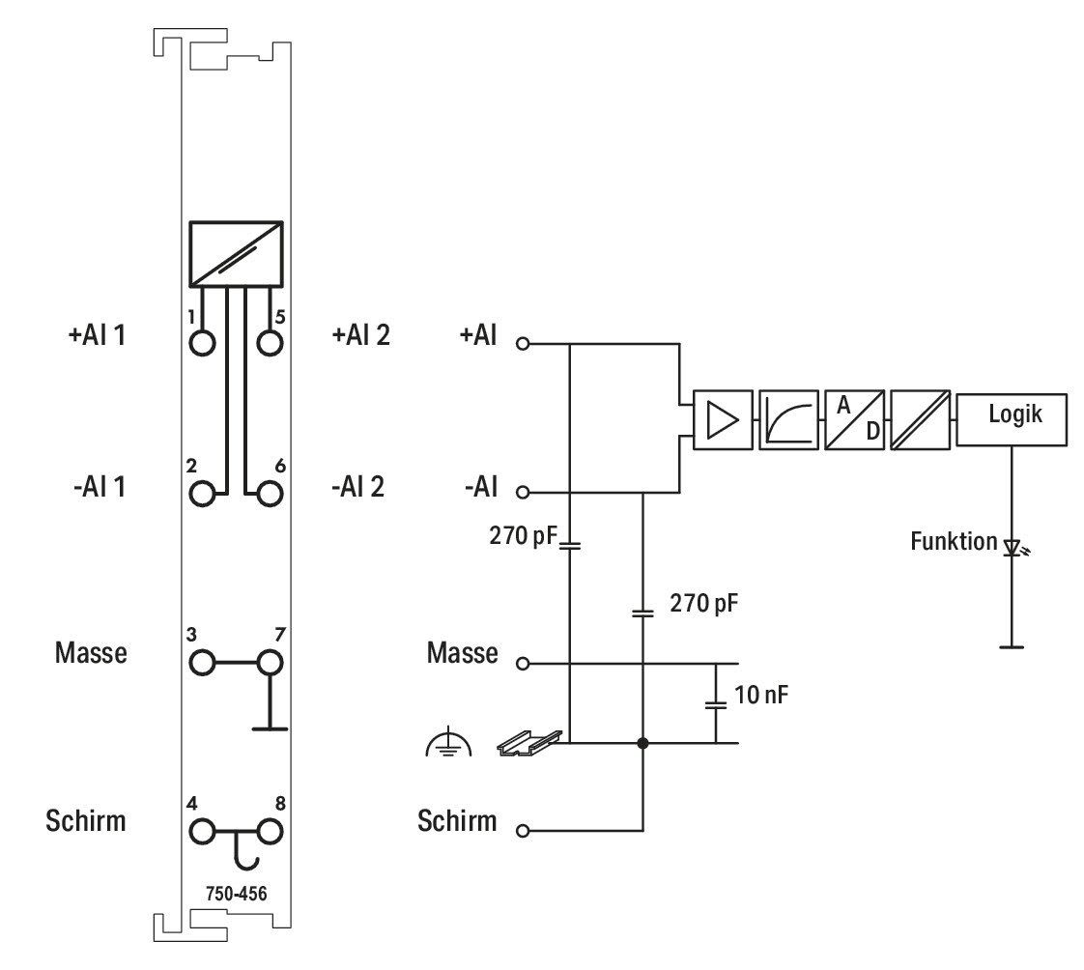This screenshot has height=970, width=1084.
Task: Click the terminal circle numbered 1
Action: pos(202,343)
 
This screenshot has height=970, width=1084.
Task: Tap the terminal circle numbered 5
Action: pos(270,343)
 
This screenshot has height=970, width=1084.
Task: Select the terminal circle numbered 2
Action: pos(202,494)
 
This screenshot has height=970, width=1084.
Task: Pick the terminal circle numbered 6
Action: pos(270,494)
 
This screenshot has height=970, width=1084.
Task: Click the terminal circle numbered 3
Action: pos(202,663)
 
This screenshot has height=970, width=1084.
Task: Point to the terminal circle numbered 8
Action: pos(270,831)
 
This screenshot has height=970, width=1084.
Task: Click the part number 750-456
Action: pos(237,894)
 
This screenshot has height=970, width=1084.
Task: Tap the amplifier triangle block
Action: pos(723,419)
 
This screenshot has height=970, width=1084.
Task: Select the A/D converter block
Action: pos(854,419)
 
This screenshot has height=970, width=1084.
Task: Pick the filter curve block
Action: pos(788,419)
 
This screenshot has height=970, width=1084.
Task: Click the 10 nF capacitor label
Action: pos(761,695)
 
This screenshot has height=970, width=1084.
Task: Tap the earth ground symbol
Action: pos(448,742)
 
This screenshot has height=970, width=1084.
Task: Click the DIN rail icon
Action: pos(530,743)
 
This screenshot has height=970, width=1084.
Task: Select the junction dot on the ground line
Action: pos(642,743)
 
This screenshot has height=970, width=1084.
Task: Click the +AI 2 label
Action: pos(361,335)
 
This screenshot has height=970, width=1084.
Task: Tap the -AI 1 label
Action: pos(100,487)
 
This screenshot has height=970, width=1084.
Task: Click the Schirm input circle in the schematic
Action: pos(523,830)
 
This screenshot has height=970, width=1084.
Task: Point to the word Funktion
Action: pos(954,541)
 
